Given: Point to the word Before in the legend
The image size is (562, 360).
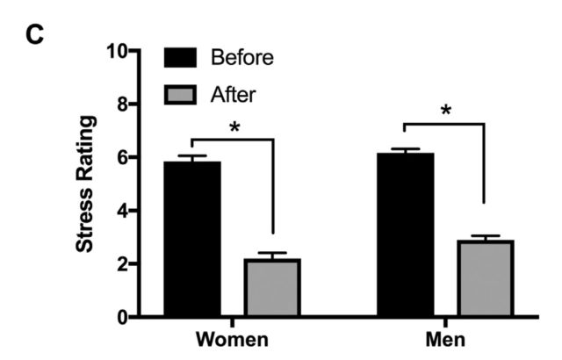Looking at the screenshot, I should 242,59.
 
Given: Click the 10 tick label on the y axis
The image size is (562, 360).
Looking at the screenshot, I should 116,51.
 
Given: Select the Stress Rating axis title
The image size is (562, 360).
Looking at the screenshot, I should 85,184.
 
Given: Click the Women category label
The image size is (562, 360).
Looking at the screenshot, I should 232,339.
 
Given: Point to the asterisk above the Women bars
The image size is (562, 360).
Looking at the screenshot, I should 234,126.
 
